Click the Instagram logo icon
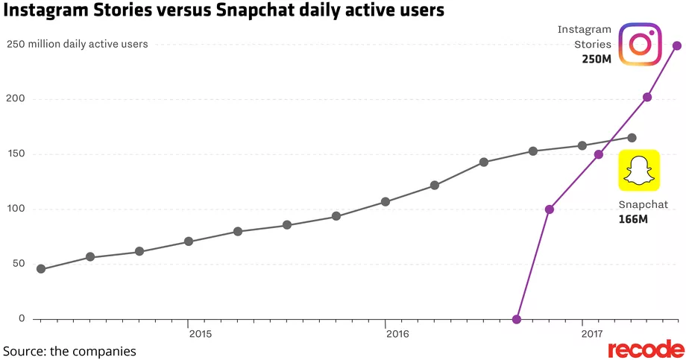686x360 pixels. [x=641, y=45]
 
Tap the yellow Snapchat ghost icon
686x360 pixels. [x=638, y=171]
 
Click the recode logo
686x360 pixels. [x=646, y=349]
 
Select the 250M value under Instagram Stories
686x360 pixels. [x=597, y=59]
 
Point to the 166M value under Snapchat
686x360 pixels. [x=634, y=220]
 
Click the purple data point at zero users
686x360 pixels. [x=517, y=319]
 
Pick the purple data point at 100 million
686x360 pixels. [x=550, y=209]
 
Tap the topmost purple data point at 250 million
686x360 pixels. [x=677, y=45]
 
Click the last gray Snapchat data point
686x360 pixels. [x=632, y=138]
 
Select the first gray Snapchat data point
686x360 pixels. [x=41, y=269]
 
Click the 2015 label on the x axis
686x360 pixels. [x=200, y=334]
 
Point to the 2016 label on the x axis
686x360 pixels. [x=397, y=334]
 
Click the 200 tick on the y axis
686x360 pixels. [x=16, y=99]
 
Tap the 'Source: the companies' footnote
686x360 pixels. [x=69, y=350]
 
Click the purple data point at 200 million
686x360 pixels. [x=647, y=97]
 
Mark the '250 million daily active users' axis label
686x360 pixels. [x=78, y=44]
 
